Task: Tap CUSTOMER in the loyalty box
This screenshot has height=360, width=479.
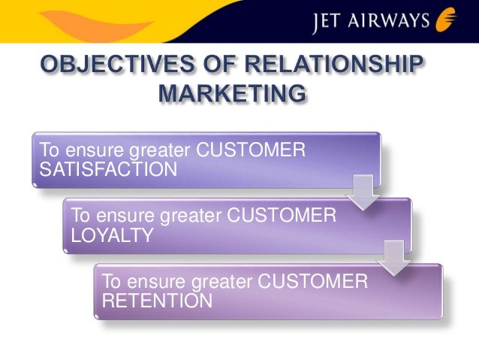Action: point(282,216)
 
